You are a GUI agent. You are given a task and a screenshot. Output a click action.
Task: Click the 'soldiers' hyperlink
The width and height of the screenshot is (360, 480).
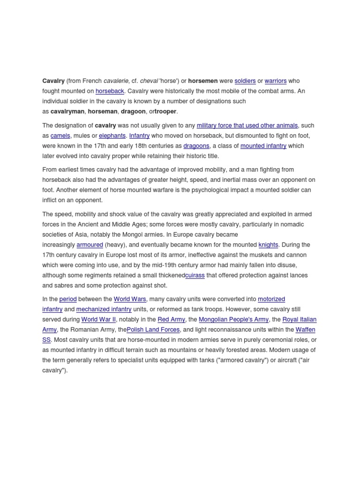(245, 81)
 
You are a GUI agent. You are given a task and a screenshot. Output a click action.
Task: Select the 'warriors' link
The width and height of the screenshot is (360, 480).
(276, 81)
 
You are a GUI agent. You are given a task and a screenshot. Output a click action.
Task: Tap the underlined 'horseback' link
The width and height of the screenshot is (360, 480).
(110, 91)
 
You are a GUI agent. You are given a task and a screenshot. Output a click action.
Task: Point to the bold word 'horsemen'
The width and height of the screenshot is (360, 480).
(203, 81)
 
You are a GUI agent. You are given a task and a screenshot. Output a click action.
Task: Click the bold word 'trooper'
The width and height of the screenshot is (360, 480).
(166, 112)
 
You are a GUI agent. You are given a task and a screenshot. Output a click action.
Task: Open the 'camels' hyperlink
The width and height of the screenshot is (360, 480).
(60, 135)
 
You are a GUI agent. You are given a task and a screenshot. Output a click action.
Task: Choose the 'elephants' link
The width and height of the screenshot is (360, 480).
(112, 135)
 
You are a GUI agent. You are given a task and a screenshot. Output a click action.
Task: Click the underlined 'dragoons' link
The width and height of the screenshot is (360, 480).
(196, 146)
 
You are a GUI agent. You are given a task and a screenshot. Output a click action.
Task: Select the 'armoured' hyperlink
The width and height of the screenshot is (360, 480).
(90, 245)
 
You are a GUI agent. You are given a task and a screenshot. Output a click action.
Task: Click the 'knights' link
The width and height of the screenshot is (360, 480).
(268, 245)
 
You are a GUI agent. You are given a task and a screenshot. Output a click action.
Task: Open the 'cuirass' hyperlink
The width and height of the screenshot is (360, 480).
(195, 275)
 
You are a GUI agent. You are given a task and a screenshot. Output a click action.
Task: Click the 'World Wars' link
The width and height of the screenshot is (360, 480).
(130, 299)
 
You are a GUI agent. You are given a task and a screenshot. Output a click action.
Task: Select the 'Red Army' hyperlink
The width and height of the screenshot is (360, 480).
(171, 320)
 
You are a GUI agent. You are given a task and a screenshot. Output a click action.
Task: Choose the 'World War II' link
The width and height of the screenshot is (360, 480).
(98, 320)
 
